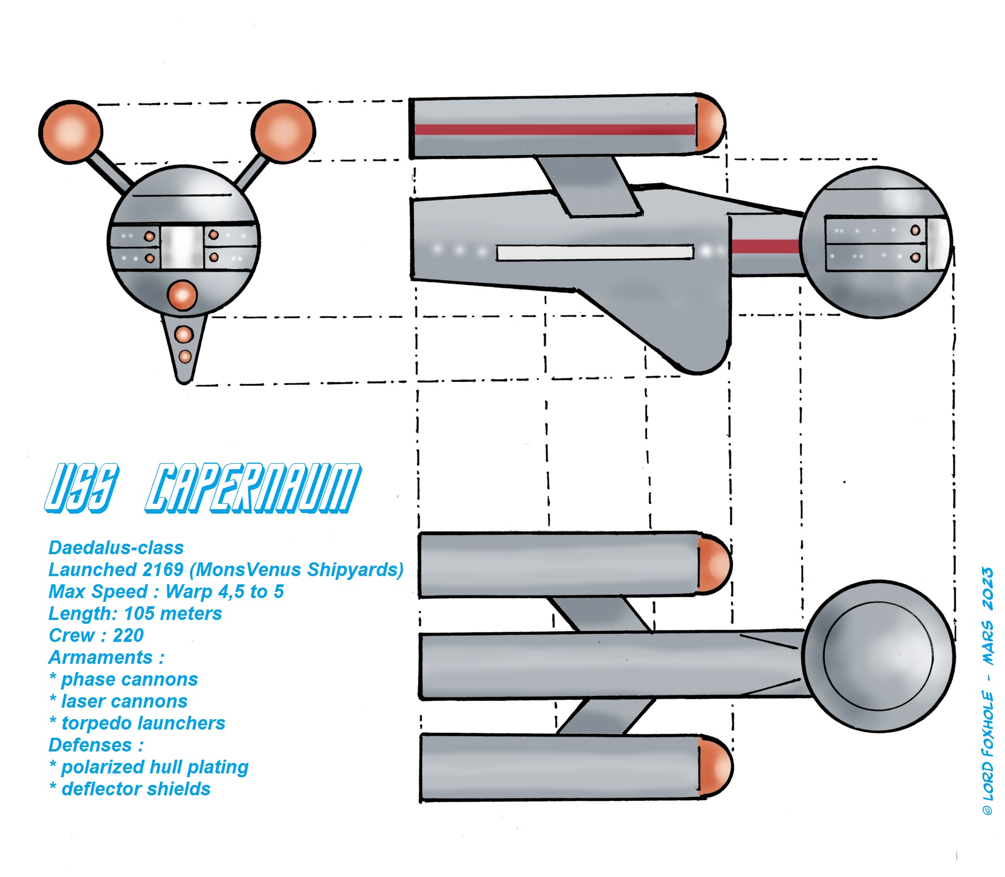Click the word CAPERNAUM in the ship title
click(x=253, y=488)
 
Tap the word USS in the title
click(x=81, y=488)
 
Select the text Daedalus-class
click(x=116, y=548)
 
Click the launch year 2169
click(x=162, y=570)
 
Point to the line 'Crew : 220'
click(x=96, y=635)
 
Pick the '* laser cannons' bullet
click(x=118, y=701)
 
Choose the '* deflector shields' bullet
click(x=130, y=789)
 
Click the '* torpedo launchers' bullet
click(x=137, y=723)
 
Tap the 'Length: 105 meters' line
click(x=135, y=613)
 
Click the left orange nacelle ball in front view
click(x=71, y=131)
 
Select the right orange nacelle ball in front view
click(x=283, y=131)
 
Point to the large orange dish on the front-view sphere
click(x=182, y=295)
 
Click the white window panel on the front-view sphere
click(x=182, y=247)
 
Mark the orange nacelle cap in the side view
click(x=710, y=124)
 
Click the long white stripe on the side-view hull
click(x=595, y=253)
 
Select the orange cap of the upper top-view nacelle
click(x=715, y=565)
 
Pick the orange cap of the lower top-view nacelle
click(x=715, y=767)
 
